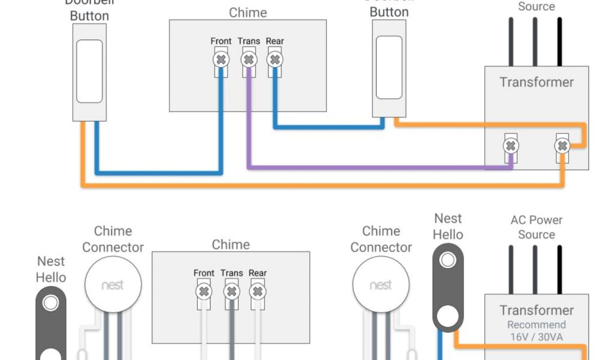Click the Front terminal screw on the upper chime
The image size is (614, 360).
click(221, 59)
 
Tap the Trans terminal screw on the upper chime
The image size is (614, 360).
click(249, 59)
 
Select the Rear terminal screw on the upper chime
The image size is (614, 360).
click(275, 59)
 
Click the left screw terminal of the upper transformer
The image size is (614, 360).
click(511, 146)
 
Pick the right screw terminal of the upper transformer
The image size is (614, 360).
click(562, 146)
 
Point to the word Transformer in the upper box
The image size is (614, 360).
click(537, 82)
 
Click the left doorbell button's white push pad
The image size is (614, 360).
click(89, 71)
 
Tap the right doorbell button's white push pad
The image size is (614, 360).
click(389, 67)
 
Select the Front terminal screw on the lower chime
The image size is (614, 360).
click(204, 292)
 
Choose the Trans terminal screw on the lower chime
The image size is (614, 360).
click(231, 292)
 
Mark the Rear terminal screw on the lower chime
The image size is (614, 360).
click(257, 292)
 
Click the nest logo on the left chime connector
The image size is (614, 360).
click(113, 285)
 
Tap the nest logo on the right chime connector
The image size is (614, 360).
click(381, 285)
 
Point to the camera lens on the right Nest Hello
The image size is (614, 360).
click(448, 260)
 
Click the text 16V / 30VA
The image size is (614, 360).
click(537, 337)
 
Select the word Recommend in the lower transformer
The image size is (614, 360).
click(537, 325)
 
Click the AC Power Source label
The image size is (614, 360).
click(537, 227)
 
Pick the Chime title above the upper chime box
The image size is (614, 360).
click(248, 13)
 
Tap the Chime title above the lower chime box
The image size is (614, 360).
click(231, 244)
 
